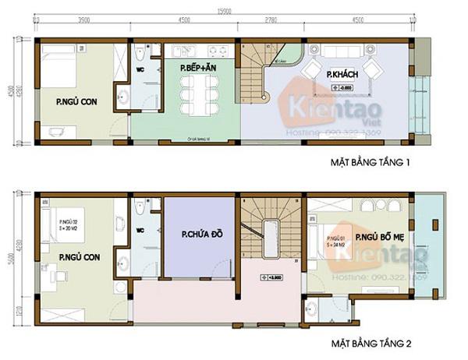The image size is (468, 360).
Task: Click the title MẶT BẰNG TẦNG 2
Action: click(x=377, y=344)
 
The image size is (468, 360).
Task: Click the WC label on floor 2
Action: click(x=142, y=230)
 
